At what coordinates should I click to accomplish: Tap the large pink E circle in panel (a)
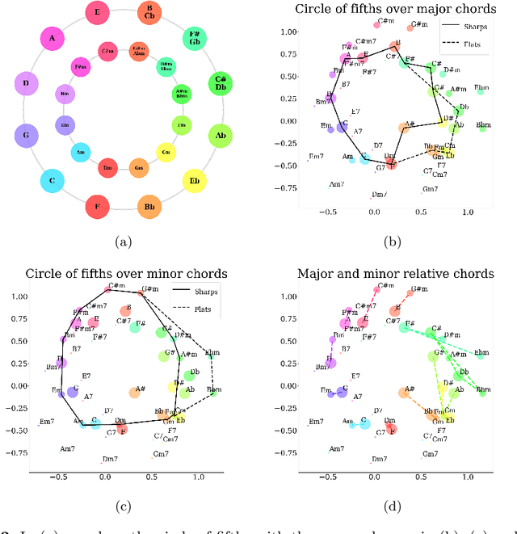99,13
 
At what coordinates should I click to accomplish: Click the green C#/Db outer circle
220,83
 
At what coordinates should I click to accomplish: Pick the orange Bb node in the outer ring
149,207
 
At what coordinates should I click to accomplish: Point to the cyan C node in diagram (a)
53,181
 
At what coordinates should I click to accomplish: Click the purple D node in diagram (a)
27,83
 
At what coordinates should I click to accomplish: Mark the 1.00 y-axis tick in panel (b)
286,32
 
